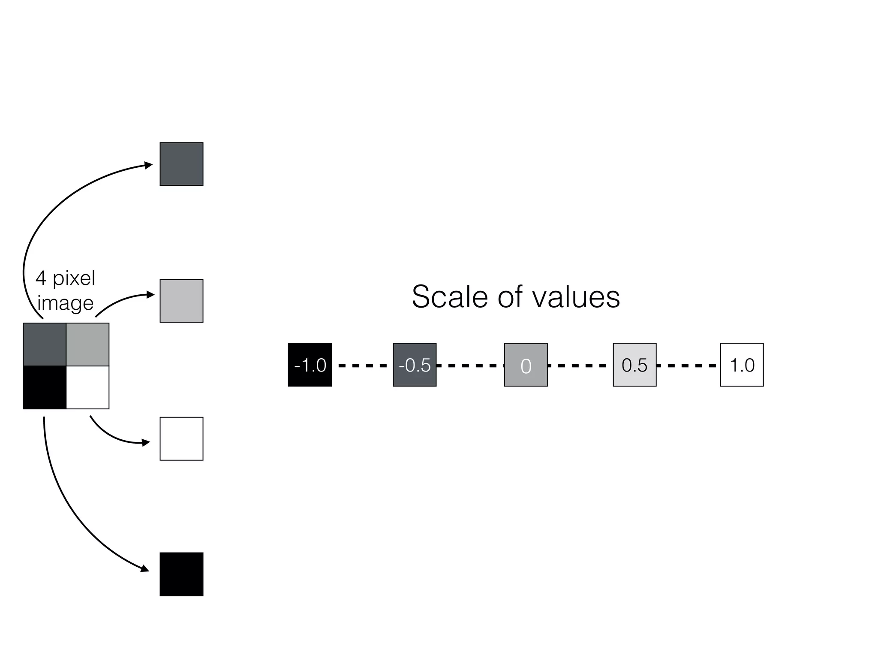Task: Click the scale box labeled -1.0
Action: click(x=310, y=365)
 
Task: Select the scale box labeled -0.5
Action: click(x=415, y=365)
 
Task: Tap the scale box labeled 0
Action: click(x=526, y=365)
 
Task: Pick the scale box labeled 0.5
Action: click(x=634, y=365)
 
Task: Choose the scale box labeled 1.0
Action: click(x=742, y=365)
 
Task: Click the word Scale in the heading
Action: click(x=449, y=297)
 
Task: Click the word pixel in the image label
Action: click(x=74, y=279)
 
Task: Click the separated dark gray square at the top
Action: click(x=181, y=164)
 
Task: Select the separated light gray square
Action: click(x=181, y=301)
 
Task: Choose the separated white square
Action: click(x=181, y=438)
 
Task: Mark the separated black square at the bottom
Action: click(x=181, y=574)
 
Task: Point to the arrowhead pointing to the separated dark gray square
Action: click(x=149, y=165)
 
